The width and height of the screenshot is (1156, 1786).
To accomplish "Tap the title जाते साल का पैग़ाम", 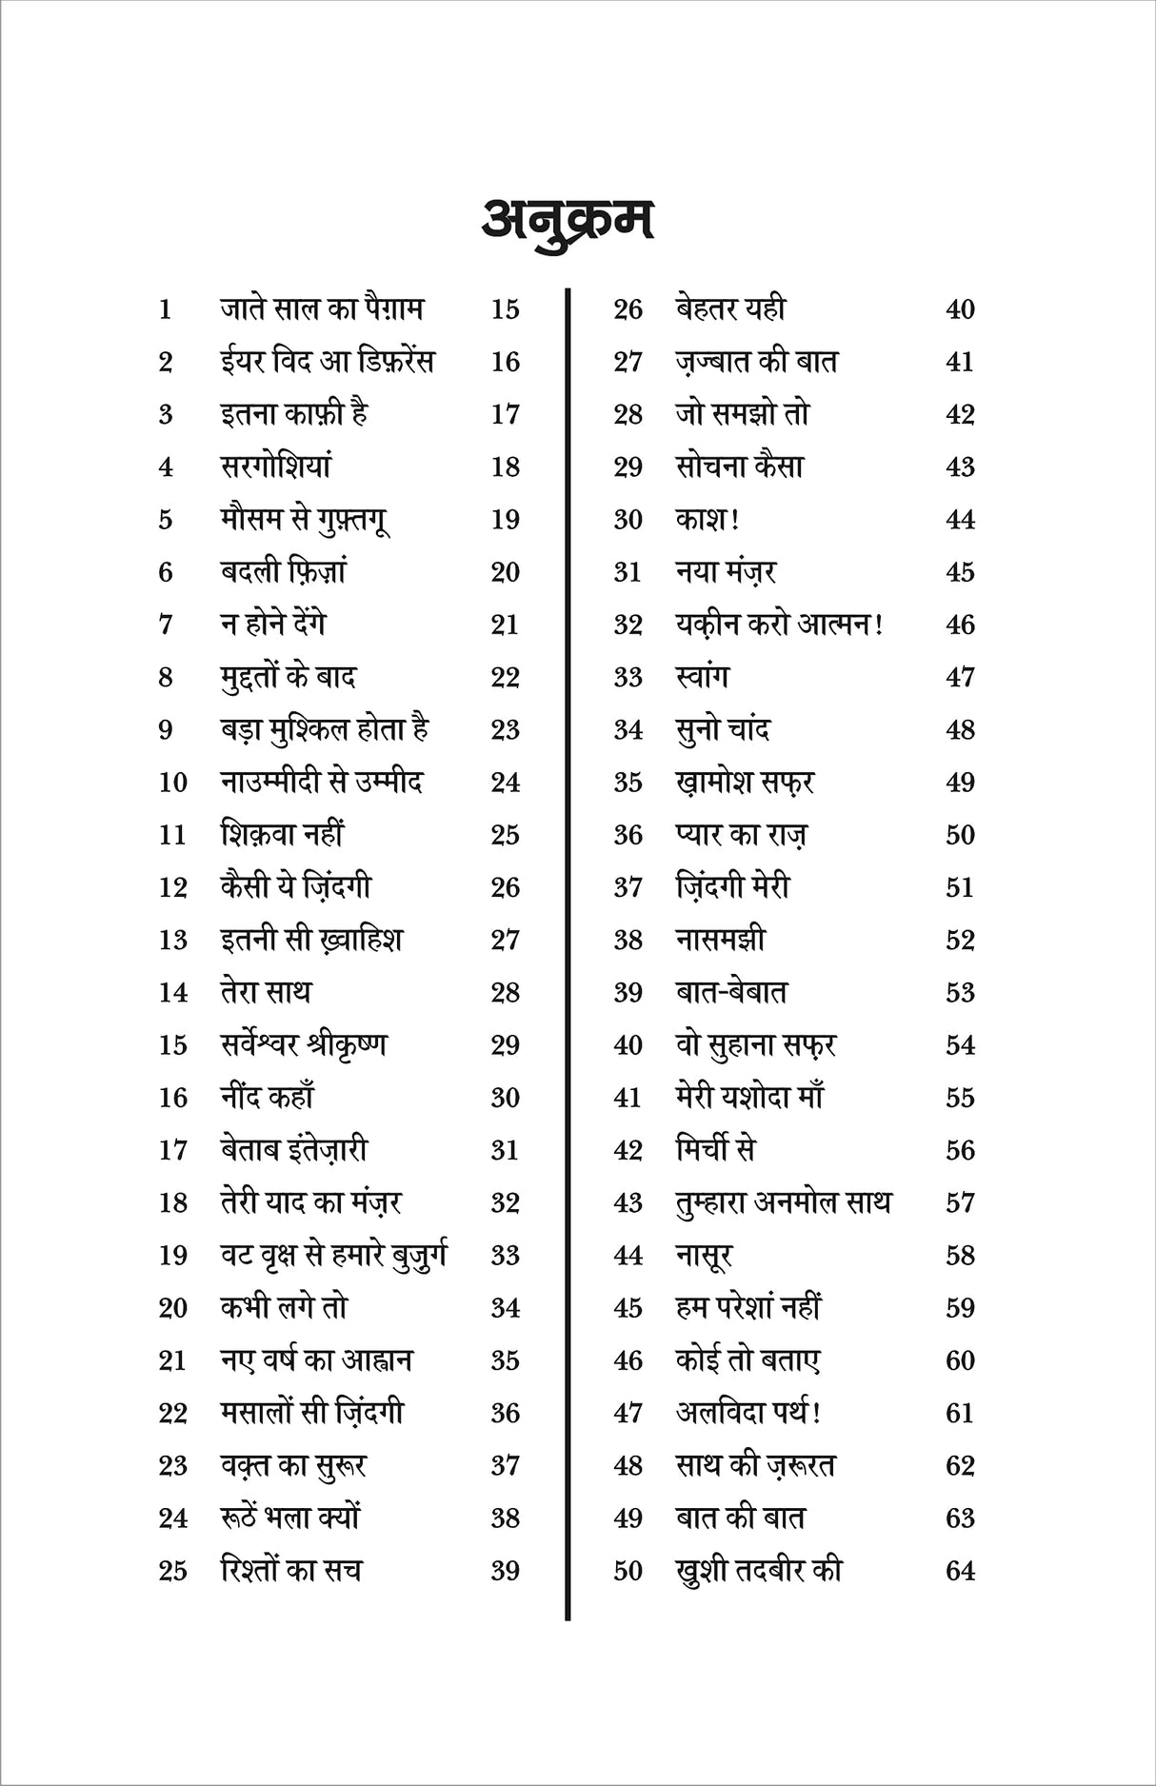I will click(x=322, y=309).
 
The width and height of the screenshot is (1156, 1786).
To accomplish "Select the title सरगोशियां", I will click(x=276, y=466).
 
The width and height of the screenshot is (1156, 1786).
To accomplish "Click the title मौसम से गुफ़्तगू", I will click(x=305, y=520).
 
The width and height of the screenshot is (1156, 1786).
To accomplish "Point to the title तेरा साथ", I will click(x=266, y=992).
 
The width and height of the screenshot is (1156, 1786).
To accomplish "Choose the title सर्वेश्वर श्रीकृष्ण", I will click(x=304, y=1045).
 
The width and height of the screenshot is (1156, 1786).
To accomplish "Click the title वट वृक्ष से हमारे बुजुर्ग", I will click(x=333, y=1256).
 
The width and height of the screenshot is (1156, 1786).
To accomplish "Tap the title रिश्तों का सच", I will click(x=290, y=1571).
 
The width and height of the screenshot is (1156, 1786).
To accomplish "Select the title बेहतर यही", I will click(x=730, y=309).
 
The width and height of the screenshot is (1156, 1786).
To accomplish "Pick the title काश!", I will click(x=708, y=520).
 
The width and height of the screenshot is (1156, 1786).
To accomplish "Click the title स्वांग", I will click(x=702, y=677).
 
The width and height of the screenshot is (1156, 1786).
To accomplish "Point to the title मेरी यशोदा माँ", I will click(x=748, y=1098).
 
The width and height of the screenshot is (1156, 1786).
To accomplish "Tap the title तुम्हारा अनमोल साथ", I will click(x=783, y=1203).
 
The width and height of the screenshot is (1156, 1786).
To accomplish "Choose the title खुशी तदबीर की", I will click(x=759, y=1571).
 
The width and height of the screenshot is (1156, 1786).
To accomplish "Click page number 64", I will click(x=960, y=1571).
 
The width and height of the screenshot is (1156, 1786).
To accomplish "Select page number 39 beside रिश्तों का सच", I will click(x=505, y=1571).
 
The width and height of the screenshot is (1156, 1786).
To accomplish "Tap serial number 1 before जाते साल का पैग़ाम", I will click(x=166, y=309).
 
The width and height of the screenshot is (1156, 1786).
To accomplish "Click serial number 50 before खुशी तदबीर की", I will click(x=628, y=1571).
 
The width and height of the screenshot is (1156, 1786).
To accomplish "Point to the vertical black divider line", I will click(x=568, y=952).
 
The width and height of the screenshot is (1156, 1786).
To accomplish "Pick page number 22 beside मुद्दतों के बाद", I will click(x=505, y=677).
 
